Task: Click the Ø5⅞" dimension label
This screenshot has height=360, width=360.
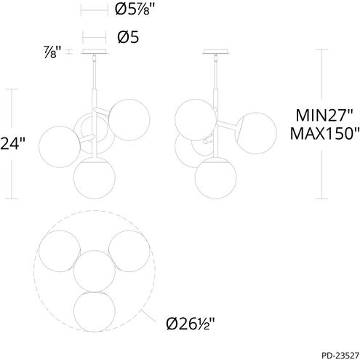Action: [x=135, y=10]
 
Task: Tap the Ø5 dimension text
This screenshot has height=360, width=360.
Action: [x=128, y=38]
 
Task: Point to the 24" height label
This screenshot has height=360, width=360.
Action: [x=12, y=144]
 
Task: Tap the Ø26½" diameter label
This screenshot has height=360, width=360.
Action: [x=191, y=324]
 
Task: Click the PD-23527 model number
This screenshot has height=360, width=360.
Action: [x=340, y=356]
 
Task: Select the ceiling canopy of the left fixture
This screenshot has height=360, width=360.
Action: [x=95, y=52]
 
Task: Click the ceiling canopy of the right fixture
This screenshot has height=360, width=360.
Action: [x=215, y=52]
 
